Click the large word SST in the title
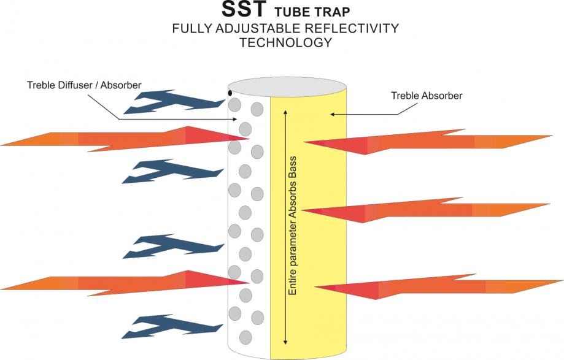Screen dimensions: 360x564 [243, 11]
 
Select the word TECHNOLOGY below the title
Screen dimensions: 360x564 [285, 42]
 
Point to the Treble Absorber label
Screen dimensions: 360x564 [426, 96]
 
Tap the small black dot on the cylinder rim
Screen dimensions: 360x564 [230, 93]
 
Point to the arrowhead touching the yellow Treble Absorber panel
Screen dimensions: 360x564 [332, 113]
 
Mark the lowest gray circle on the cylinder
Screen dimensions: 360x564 [245, 337]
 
